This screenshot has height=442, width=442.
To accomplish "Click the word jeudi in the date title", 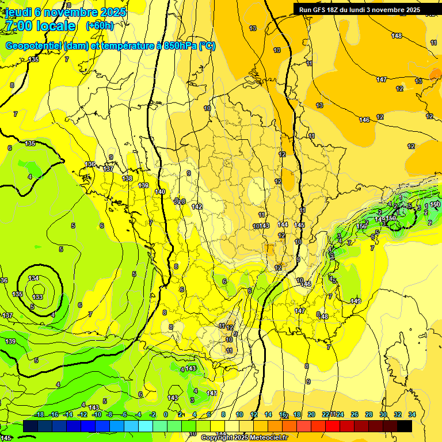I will tap(18, 12).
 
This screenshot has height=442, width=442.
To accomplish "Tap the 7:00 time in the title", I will tap(20, 26).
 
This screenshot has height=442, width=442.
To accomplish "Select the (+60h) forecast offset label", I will tap(100, 26).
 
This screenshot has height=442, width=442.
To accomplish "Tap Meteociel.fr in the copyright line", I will tap(265, 438).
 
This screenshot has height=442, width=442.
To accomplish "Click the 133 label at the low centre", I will tap(38, 297).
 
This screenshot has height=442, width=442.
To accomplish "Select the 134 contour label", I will tap(34, 279).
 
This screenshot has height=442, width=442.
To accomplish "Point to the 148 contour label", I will tap(397, 36).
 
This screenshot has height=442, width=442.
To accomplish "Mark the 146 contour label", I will tap(364, 120).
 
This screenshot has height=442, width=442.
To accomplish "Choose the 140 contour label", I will tap(160, 192).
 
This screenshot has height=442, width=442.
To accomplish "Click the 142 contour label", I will tap(197, 207).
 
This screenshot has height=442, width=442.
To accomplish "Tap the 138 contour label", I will tap(127, 178).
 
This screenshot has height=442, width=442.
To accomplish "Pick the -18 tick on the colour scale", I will tap(39, 414).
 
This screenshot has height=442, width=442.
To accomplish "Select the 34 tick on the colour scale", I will tap(411, 414).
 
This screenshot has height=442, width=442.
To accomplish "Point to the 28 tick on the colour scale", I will tap(369, 414).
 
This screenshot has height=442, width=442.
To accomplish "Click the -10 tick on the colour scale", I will tap(96, 414).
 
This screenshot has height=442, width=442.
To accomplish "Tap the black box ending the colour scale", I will tap(404, 426).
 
